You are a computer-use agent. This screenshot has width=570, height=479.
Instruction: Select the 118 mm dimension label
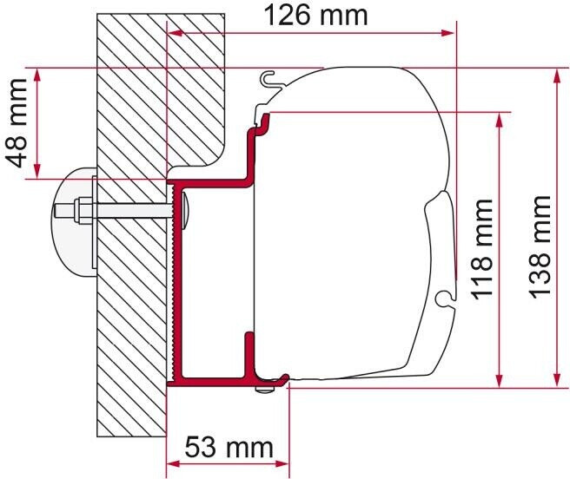point(481,248)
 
